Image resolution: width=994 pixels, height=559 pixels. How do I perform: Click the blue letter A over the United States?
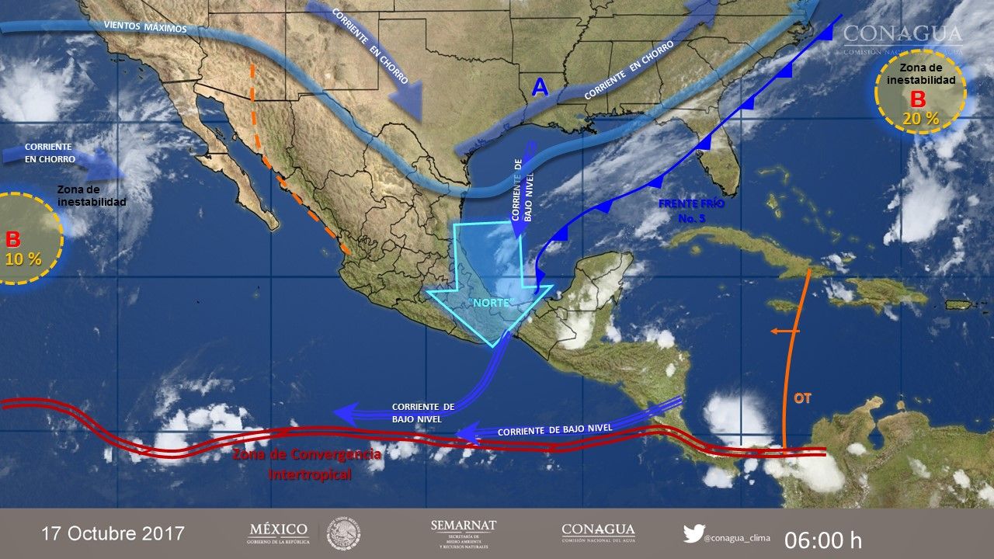pyautogui.click(x=540, y=88)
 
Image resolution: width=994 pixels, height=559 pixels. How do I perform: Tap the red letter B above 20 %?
pyautogui.click(x=918, y=99)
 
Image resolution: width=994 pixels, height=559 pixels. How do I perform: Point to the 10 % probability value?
pyautogui.click(x=23, y=259)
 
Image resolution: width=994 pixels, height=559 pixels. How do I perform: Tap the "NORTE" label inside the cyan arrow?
pyautogui.click(x=492, y=302)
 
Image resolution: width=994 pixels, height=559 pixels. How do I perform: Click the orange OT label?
pyautogui.click(x=803, y=398)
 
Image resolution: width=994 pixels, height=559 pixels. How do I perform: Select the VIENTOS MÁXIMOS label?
pyautogui.click(x=145, y=27)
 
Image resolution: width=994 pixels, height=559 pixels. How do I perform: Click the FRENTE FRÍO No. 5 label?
pyautogui.click(x=692, y=210)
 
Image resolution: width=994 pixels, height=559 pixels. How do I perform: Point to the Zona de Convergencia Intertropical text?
pyautogui.click(x=307, y=464)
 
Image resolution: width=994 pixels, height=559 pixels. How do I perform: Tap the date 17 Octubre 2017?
pyautogui.click(x=113, y=534)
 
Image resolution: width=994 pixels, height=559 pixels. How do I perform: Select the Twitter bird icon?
pyautogui.click(x=693, y=533)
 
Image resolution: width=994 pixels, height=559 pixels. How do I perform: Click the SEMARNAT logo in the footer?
pyautogui.click(x=463, y=534)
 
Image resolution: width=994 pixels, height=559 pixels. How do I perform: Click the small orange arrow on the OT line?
pyautogui.click(x=784, y=332)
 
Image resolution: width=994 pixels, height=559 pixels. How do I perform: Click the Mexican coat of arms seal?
pyautogui.click(x=342, y=534)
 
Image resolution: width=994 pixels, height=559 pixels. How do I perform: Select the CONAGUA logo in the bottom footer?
pyautogui.click(x=598, y=533)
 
